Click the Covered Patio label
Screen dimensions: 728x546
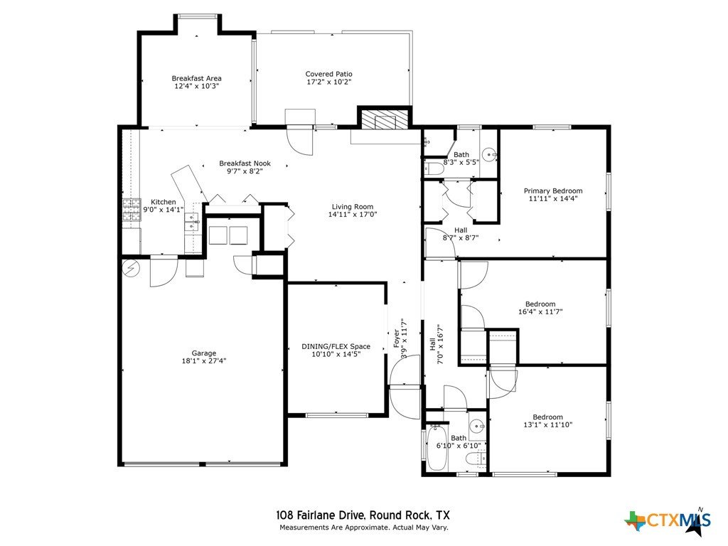point(328,74)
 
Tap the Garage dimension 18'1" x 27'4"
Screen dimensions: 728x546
point(204,360)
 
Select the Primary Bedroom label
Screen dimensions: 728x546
point(553,191)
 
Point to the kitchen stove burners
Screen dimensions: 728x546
point(132,210)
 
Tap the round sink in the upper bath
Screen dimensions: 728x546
point(489,154)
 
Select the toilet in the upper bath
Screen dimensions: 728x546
point(433,168)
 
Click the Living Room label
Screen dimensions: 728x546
point(353,207)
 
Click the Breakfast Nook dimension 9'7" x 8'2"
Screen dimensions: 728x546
point(245,171)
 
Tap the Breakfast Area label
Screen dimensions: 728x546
point(196,78)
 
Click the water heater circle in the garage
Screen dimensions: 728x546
point(131,268)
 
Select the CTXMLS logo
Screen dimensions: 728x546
point(668,521)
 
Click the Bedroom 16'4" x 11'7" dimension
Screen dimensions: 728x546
point(540,312)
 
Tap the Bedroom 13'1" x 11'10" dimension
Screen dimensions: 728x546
point(548,425)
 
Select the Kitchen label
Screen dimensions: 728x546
point(164,202)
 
